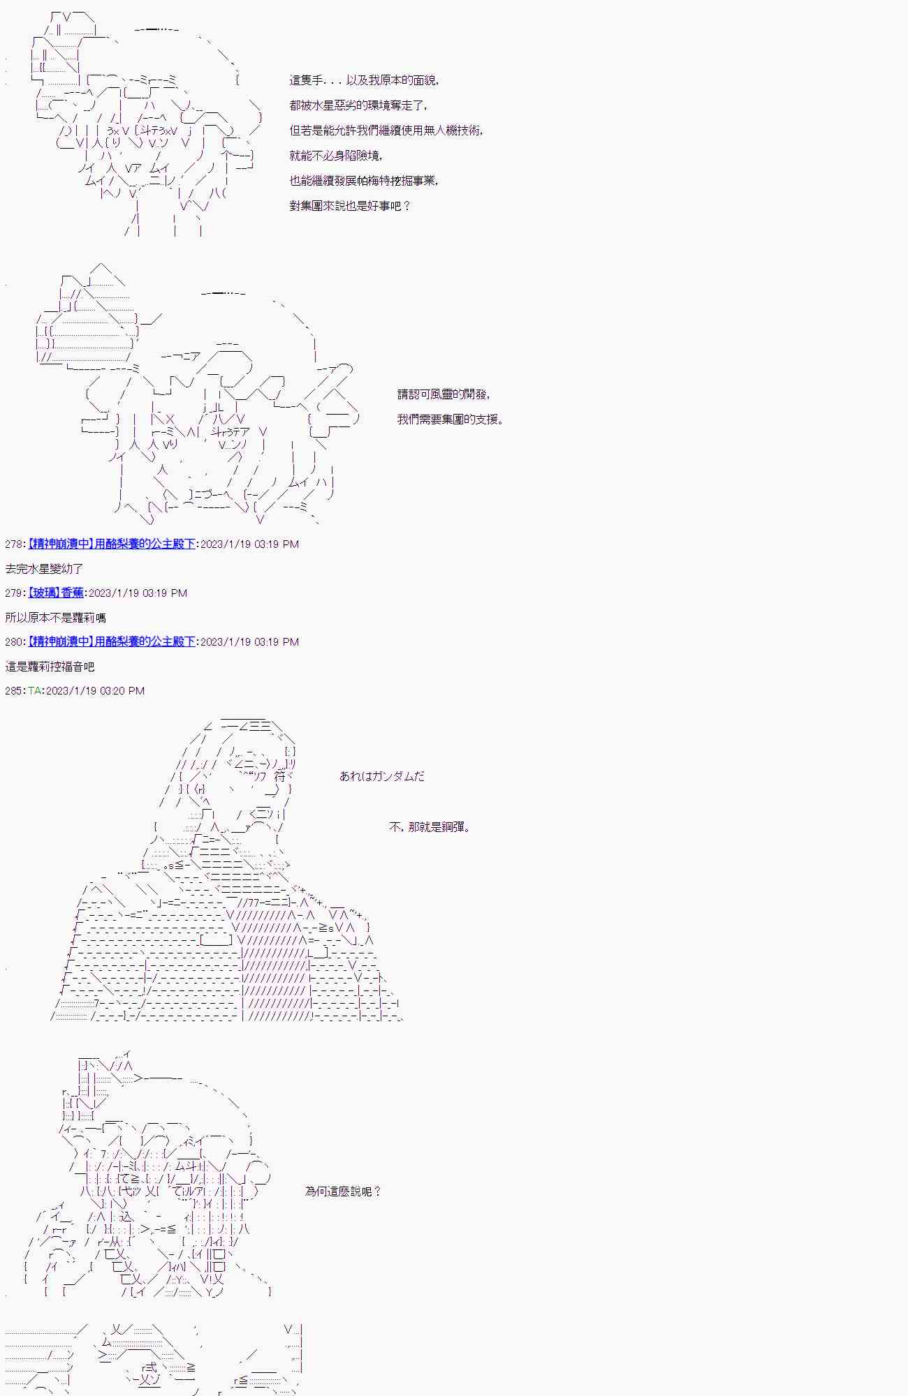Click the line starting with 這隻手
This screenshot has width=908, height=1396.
click(364, 80)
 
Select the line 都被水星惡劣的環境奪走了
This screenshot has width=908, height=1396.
click(358, 105)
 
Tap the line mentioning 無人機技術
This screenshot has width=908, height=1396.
click(386, 131)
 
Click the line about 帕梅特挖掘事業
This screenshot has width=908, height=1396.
click(364, 181)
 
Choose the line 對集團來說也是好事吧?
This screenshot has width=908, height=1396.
click(350, 206)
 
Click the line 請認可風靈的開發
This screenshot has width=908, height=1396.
click(444, 394)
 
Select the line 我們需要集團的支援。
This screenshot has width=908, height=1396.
click(451, 419)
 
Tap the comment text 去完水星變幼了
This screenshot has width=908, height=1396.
click(44, 569)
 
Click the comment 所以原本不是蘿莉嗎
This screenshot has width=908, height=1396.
click(55, 618)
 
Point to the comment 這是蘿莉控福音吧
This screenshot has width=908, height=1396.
click(50, 667)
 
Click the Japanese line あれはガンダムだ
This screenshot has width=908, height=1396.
click(381, 776)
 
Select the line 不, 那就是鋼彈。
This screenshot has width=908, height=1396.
click(430, 827)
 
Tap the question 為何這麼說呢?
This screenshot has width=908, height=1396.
click(344, 1191)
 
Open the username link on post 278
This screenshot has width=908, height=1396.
click(111, 544)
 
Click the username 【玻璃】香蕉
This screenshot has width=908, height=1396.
click(56, 593)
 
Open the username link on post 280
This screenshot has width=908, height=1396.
click(111, 641)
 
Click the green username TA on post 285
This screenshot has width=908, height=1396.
click(35, 690)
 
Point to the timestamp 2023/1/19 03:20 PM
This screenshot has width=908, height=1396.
click(95, 690)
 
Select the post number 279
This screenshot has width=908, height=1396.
click(13, 593)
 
